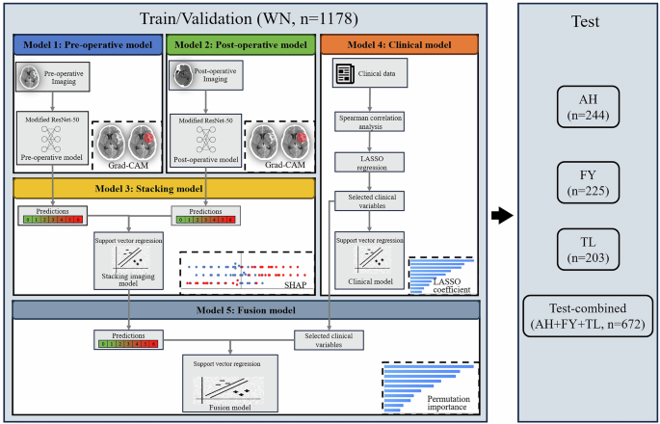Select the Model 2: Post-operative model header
(240, 44)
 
